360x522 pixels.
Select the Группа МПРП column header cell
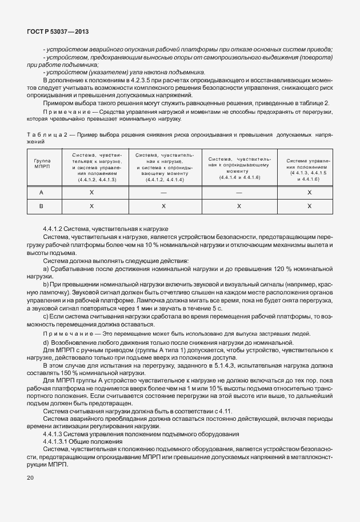click(42, 164)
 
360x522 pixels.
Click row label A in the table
click(41, 193)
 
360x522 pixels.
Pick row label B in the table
click(41, 205)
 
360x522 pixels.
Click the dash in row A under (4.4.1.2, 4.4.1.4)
click(164, 193)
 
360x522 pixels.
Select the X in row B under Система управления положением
click(309, 205)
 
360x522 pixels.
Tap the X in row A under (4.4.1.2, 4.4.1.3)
click(91, 193)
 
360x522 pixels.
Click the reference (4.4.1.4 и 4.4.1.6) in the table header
click(239, 178)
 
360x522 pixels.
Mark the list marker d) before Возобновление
click(46, 341)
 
